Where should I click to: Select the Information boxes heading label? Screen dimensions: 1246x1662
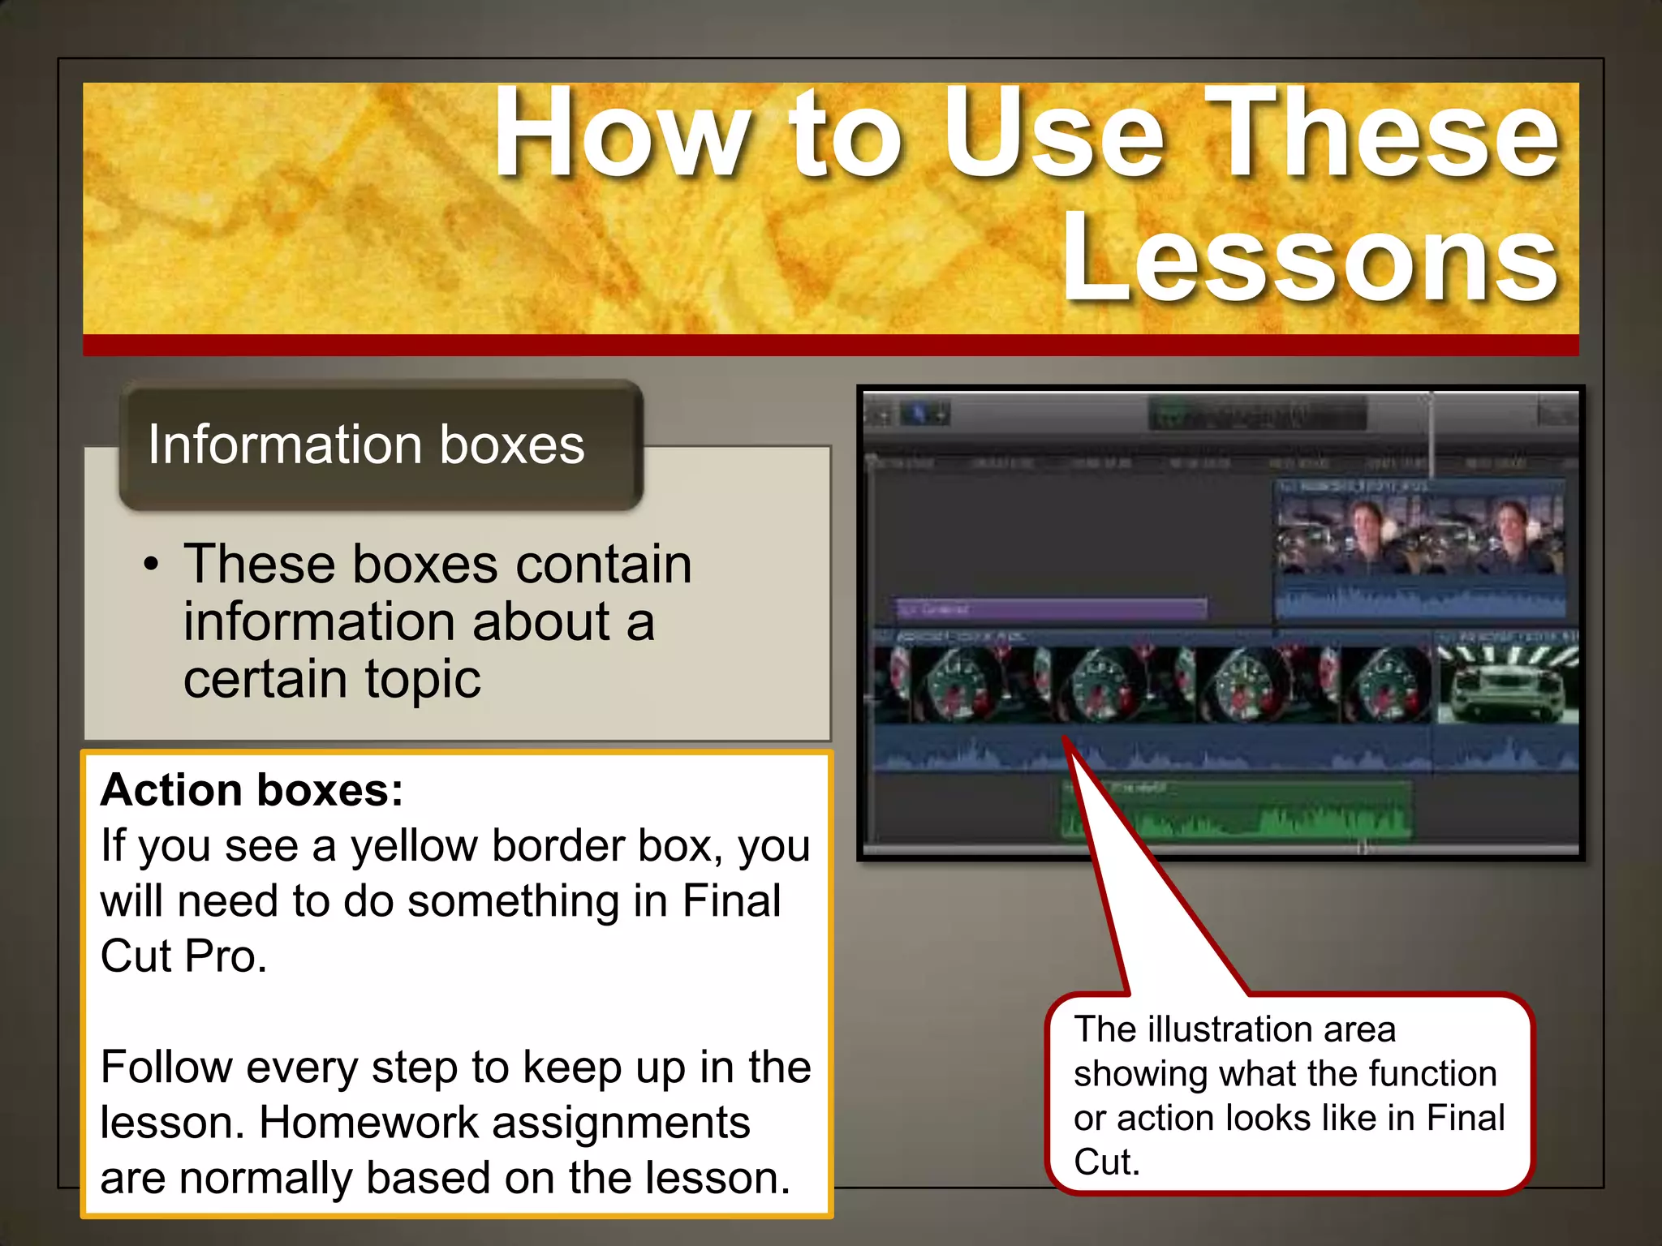(x=366, y=445)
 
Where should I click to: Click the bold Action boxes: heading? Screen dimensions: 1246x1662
(x=252, y=789)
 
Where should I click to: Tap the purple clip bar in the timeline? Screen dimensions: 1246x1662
(x=1051, y=608)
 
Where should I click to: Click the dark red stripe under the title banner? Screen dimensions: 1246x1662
(x=831, y=346)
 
